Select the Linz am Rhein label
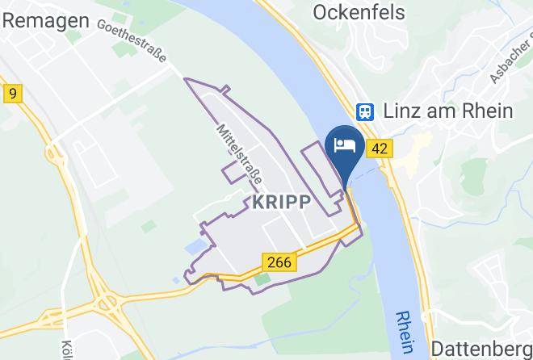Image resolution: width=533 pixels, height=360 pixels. click(448, 111)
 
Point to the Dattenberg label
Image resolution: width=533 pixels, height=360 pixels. click(482, 348)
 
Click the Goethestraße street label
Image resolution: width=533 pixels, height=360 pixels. click(132, 40)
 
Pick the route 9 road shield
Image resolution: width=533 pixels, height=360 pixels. click(12, 94)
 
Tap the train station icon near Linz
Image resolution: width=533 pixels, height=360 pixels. click(367, 111)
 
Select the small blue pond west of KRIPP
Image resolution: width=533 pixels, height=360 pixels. click(194, 243)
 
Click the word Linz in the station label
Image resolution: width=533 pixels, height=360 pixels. click(404, 111)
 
